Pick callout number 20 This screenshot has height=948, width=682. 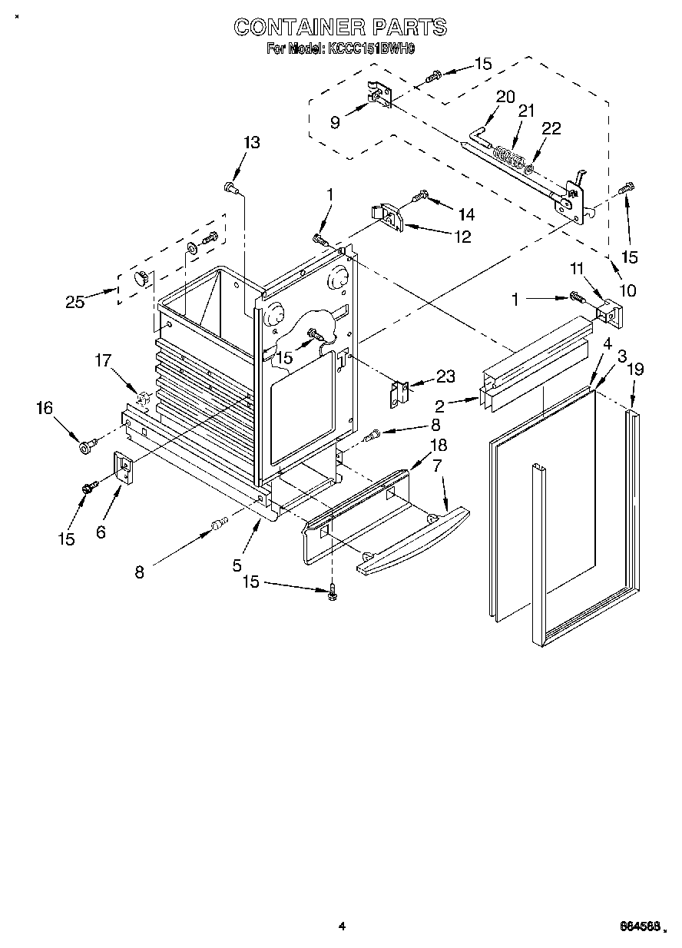tap(505, 97)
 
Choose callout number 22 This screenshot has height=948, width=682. tap(551, 129)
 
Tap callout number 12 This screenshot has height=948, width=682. tap(462, 237)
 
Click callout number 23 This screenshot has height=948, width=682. tap(445, 376)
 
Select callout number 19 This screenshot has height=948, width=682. tap(634, 370)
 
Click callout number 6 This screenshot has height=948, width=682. tap(101, 532)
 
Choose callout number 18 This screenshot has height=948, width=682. tap(438, 445)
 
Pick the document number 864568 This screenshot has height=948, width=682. tap(636, 928)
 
